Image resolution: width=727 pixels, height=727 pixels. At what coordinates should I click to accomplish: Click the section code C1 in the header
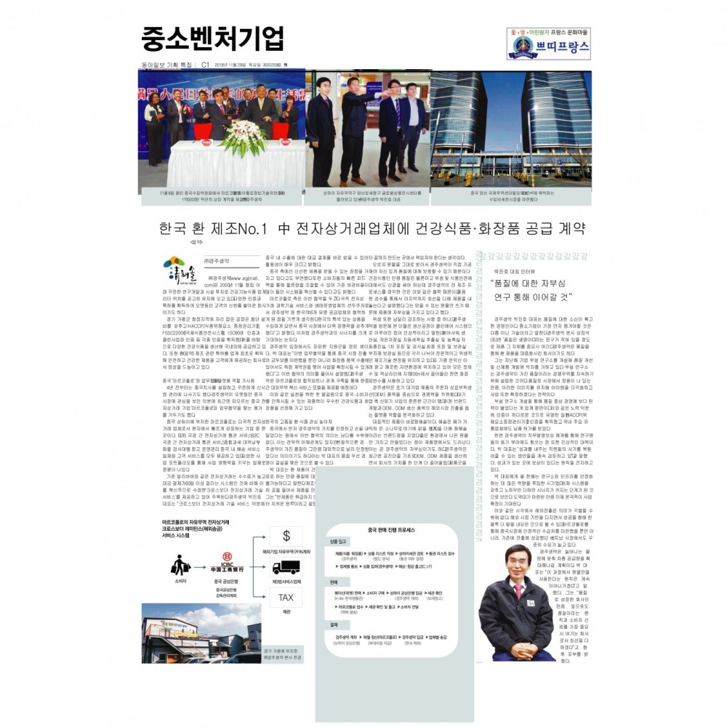tap(206, 64)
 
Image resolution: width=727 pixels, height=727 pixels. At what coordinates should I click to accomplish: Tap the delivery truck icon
tap(286, 567)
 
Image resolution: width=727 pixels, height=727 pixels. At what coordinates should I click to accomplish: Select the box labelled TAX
tap(286, 598)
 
